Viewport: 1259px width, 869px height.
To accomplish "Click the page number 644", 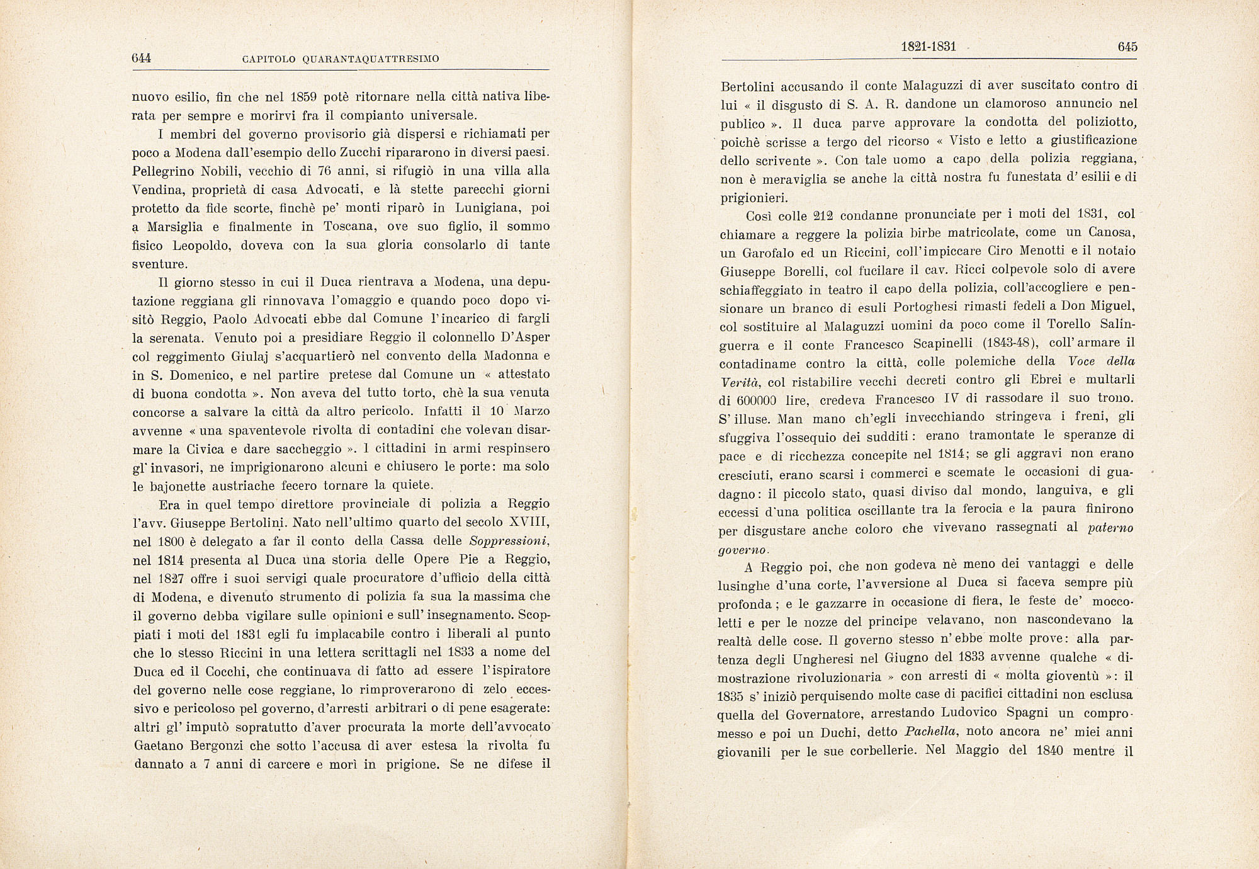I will click(x=141, y=59).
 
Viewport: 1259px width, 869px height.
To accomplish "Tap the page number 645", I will click(x=1127, y=47).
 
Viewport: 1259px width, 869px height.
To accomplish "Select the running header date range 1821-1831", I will click(x=929, y=47).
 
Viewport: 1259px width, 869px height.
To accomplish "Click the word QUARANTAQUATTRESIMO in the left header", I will click(x=371, y=59).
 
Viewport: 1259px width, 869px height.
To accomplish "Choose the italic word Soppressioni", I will click(x=509, y=541).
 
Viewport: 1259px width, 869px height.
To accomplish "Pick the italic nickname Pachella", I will click(x=930, y=732).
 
